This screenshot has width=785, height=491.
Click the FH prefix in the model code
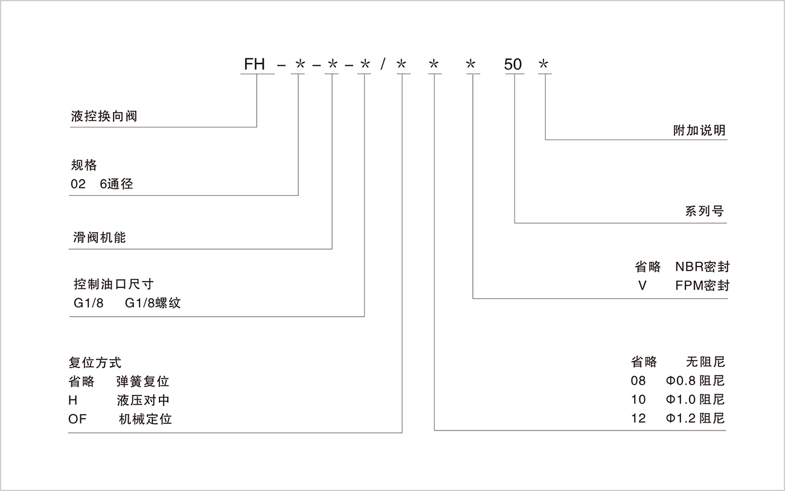254,64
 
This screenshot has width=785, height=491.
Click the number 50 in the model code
513,64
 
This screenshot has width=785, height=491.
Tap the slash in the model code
384,64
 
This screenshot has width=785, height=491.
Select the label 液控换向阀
104,116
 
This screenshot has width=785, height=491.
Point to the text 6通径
116,184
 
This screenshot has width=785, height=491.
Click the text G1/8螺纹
153,303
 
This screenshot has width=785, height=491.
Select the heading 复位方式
95,363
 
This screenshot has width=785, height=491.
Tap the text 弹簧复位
143,382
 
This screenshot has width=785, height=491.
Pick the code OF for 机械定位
78,419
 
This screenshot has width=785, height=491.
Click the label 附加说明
699,131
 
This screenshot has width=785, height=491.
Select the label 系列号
704,212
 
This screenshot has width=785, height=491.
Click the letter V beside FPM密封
642,285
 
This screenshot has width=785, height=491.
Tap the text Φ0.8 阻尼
695,381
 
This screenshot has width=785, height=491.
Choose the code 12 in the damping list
638,418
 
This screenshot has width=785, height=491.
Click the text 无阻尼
705,362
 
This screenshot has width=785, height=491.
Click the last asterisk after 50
545,64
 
